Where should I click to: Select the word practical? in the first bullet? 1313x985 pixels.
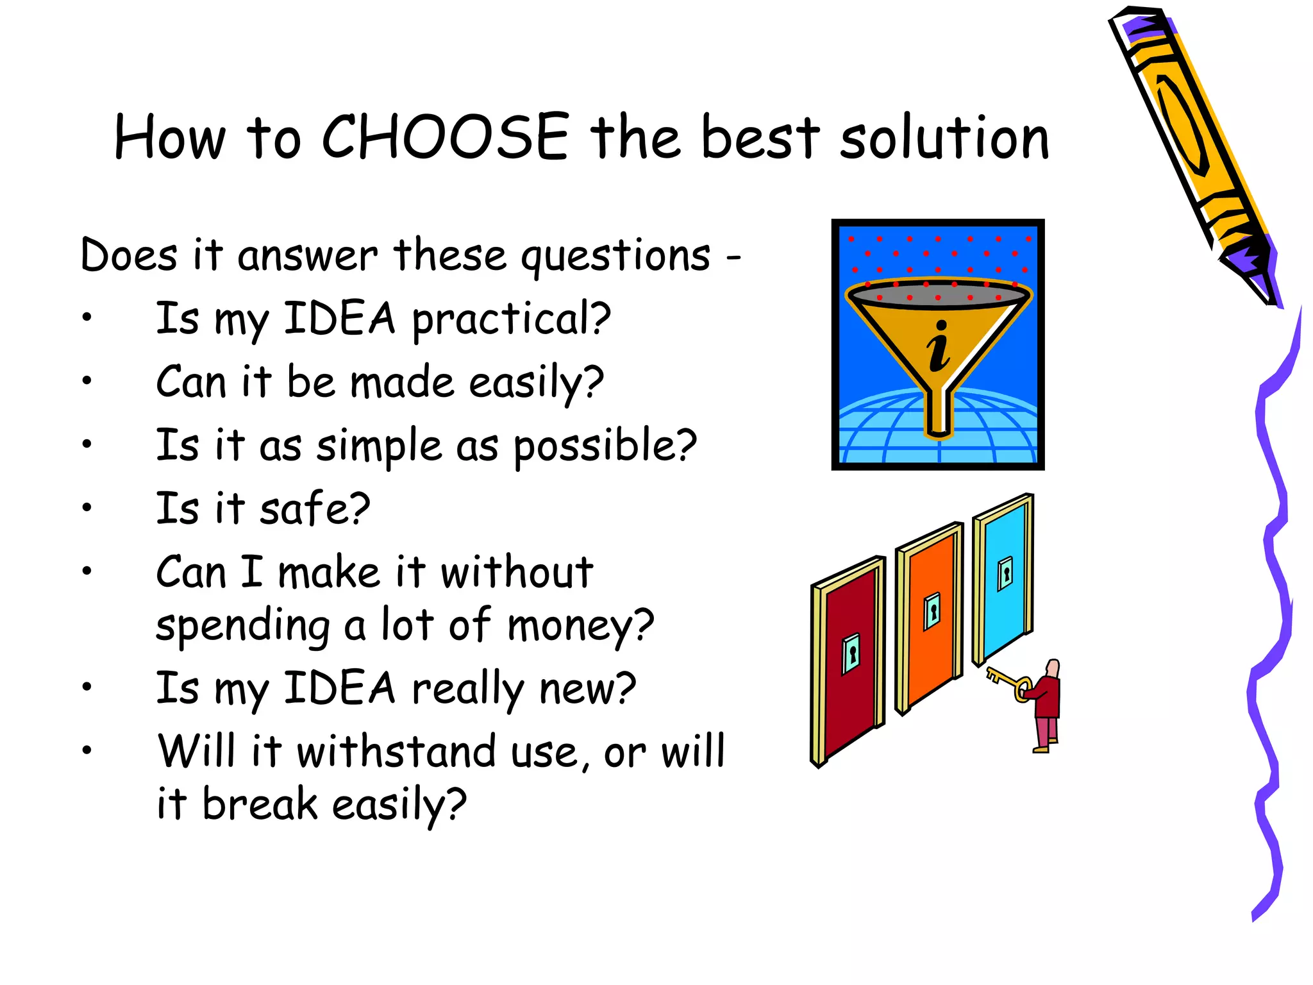pyautogui.click(x=511, y=319)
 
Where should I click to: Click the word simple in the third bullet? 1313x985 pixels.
pyautogui.click(x=379, y=446)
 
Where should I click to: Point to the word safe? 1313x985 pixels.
pyautogui.click(x=314, y=509)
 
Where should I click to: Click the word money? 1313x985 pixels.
pyautogui.click(x=580, y=626)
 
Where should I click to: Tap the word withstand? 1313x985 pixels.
pyautogui.click(x=396, y=752)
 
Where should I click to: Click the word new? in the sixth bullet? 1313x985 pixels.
pyautogui.click(x=587, y=689)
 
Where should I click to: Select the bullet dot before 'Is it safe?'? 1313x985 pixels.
pyautogui.click(x=87, y=508)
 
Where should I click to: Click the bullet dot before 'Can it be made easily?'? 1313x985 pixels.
pyautogui.click(x=87, y=381)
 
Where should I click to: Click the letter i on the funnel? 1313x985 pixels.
pyautogui.click(x=939, y=346)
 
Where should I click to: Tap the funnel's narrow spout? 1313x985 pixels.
pyautogui.click(x=939, y=414)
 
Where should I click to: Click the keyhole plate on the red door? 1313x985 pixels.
pyautogui.click(x=851, y=654)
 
